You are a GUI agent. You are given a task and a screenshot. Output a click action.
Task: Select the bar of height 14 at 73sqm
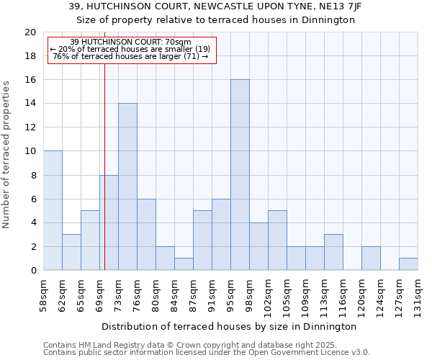(127, 186)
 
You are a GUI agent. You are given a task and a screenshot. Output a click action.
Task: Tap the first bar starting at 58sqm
(53, 210)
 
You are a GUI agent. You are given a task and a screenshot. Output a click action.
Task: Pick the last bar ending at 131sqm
(408, 264)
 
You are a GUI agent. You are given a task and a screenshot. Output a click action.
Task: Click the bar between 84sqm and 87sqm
(184, 264)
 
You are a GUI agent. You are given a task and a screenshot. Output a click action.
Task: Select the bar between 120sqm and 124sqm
(371, 258)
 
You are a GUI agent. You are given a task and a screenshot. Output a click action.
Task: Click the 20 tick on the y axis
(30, 32)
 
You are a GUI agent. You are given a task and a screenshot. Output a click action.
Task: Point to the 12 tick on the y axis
(30, 127)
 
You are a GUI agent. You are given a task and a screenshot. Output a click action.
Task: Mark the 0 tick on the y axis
(33, 271)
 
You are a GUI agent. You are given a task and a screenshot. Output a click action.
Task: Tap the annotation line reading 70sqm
(131, 42)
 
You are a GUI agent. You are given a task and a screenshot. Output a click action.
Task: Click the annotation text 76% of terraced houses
(131, 56)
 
